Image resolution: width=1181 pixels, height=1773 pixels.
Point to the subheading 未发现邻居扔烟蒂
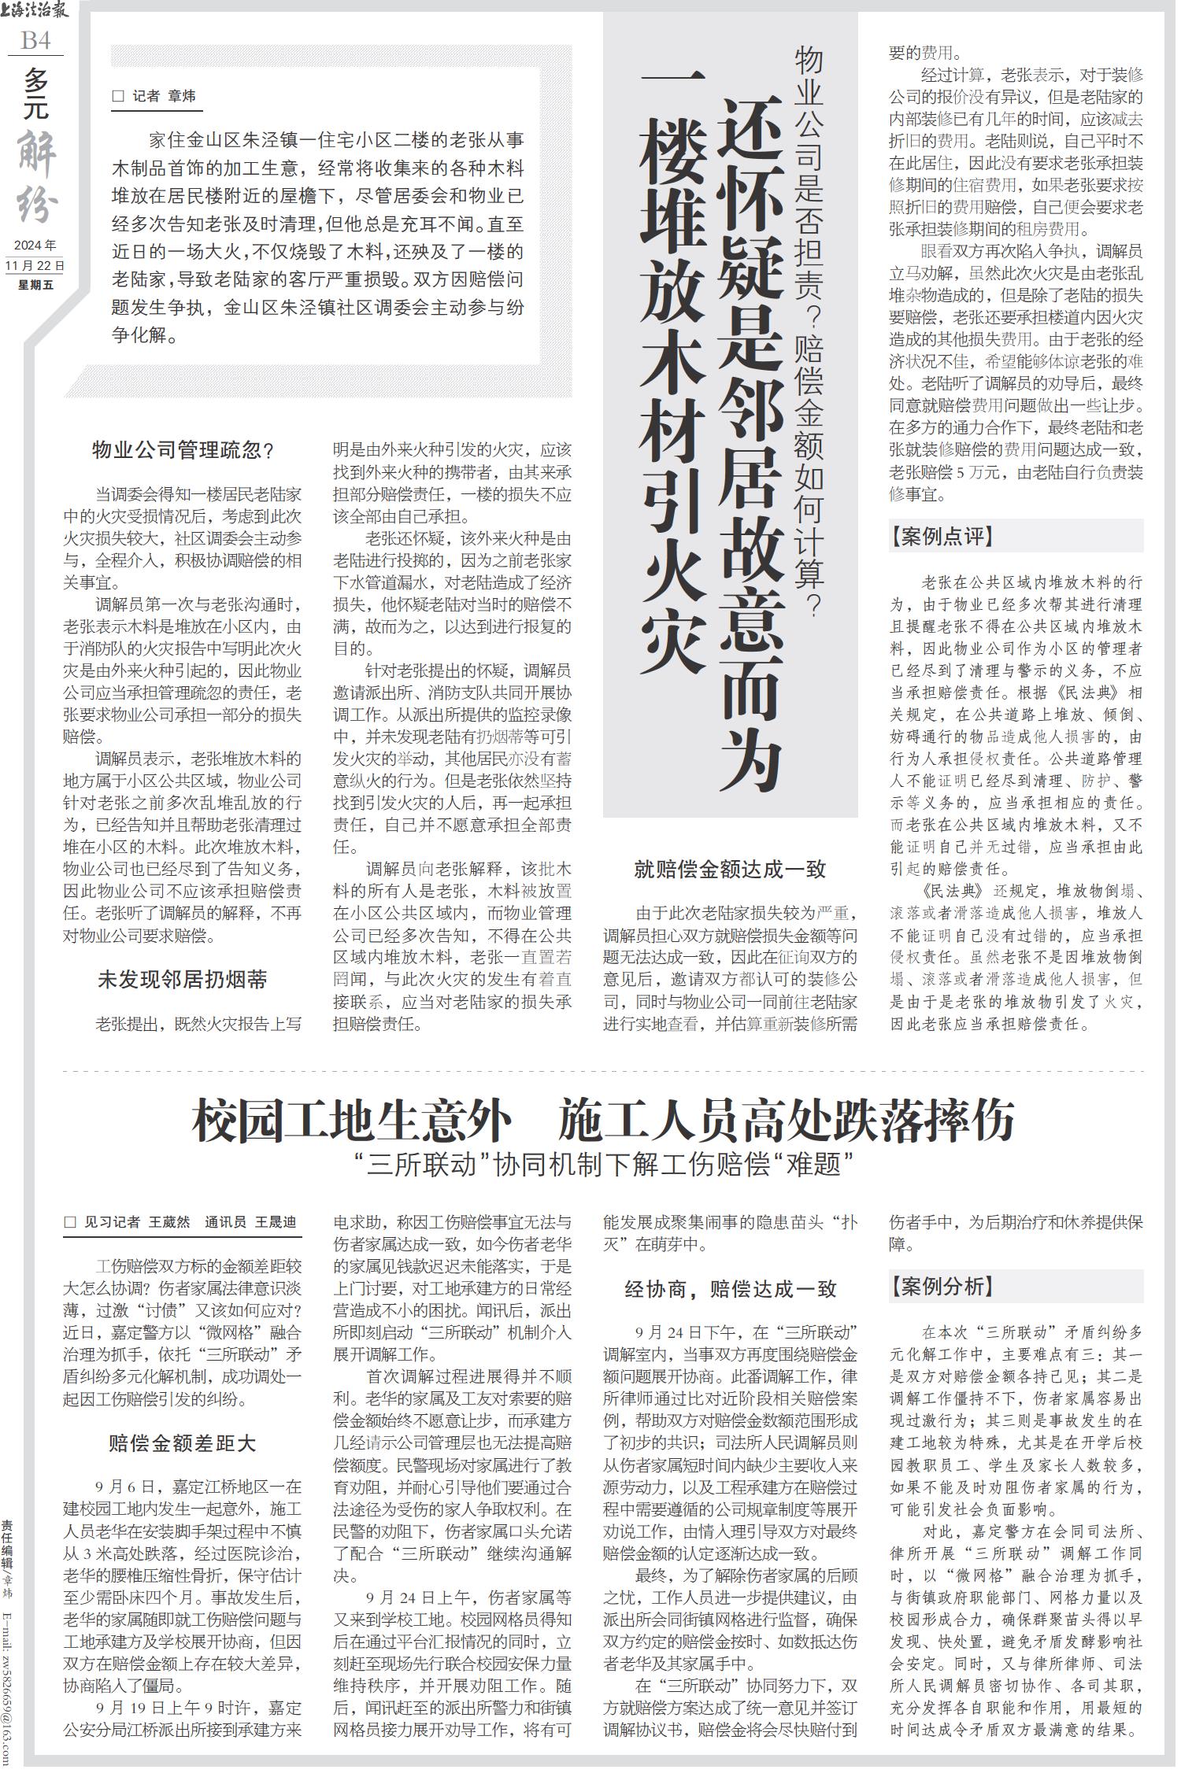pos(183,980)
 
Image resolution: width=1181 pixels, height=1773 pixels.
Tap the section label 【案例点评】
pos(942,537)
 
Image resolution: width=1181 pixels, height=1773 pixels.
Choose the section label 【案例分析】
pos(942,1287)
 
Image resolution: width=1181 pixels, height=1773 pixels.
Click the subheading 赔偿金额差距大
pos(183,1443)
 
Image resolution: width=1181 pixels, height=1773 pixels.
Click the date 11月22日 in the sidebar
pos(35,265)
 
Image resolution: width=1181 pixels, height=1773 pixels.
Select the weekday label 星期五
pos(35,284)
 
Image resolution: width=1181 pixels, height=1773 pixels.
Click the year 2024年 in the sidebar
pos(35,245)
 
